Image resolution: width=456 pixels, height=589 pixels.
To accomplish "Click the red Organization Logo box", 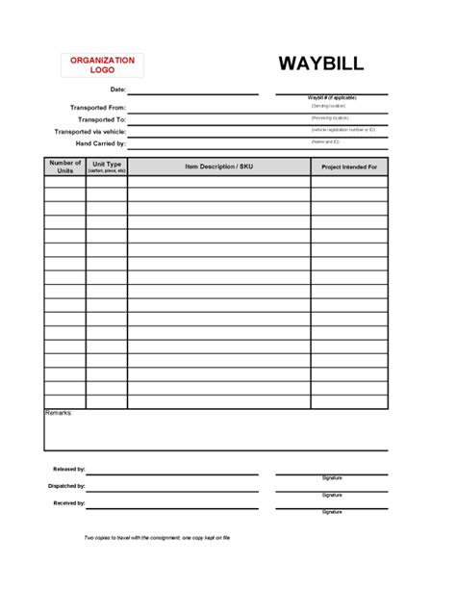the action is coord(102,65).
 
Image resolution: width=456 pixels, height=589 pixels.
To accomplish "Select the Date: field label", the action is coord(117,90).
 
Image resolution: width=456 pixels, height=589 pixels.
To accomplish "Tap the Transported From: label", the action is coord(98,108).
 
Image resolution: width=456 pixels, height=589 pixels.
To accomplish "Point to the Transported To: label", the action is coord(102,119).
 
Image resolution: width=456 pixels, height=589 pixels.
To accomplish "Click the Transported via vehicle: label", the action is coord(90,131).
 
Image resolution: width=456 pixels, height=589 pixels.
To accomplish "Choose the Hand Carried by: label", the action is coord(100,142).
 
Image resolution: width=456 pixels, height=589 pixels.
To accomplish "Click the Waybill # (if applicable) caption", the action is coord(332,98).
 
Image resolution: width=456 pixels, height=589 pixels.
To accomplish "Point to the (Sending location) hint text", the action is coord(328,106).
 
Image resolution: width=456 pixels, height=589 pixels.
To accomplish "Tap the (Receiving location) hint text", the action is coord(329,117).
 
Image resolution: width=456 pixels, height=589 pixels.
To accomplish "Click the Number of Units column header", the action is coord(64,166).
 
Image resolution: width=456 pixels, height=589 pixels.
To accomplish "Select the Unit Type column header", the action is coord(106,166).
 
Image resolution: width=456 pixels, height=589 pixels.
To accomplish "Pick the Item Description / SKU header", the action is coord(218,167).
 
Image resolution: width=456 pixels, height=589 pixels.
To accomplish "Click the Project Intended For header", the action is coord(348,167).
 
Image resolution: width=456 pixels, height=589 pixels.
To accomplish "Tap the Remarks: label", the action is coord(59,413).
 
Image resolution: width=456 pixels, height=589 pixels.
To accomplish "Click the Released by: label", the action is coord(69,470).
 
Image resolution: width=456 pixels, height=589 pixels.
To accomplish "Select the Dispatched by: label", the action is coord(67,486).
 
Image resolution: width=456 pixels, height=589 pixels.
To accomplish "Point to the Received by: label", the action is coord(69,502).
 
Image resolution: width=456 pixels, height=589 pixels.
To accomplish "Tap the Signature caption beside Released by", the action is coord(332,478).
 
